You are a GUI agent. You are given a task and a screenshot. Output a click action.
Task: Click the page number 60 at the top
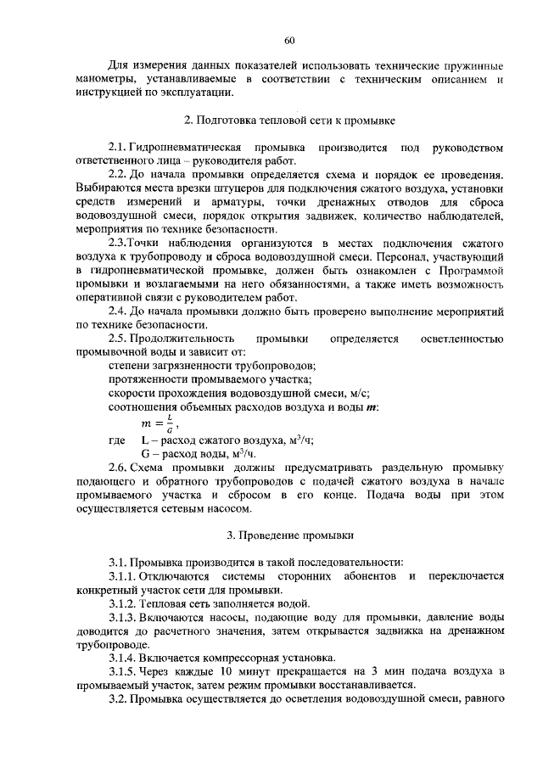[x=289, y=41]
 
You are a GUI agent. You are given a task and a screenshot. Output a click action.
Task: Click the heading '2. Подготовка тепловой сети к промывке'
[x=289, y=121]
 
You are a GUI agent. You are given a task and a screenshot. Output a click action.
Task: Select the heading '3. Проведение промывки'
[x=289, y=535]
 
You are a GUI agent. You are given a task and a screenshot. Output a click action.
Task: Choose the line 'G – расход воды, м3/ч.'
[x=199, y=454]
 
